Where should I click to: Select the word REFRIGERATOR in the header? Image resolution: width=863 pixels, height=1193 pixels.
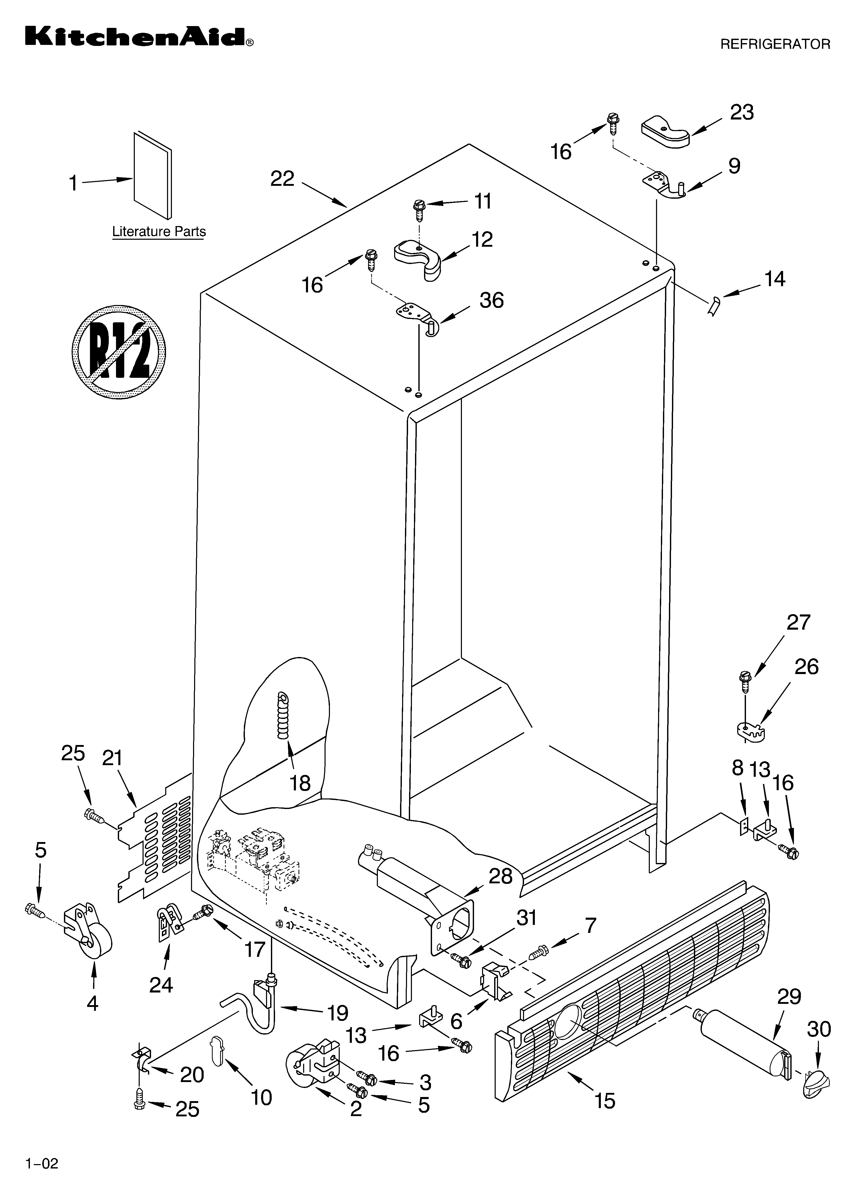(x=775, y=44)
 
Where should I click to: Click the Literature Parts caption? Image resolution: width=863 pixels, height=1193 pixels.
(x=159, y=231)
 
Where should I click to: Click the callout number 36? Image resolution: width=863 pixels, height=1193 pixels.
(x=491, y=300)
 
